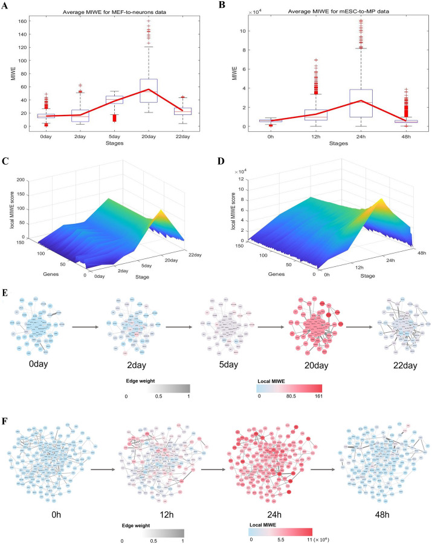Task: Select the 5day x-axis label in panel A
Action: coord(114,138)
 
